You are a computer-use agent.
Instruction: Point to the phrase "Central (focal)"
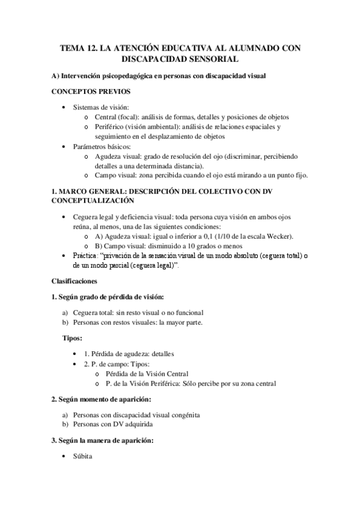click(x=117, y=117)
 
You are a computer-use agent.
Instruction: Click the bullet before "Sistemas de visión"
click(x=65, y=107)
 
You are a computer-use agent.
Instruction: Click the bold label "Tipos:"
click(x=73, y=338)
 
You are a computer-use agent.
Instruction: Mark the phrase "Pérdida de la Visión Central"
click(x=147, y=373)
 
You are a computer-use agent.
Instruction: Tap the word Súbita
click(x=82, y=456)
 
